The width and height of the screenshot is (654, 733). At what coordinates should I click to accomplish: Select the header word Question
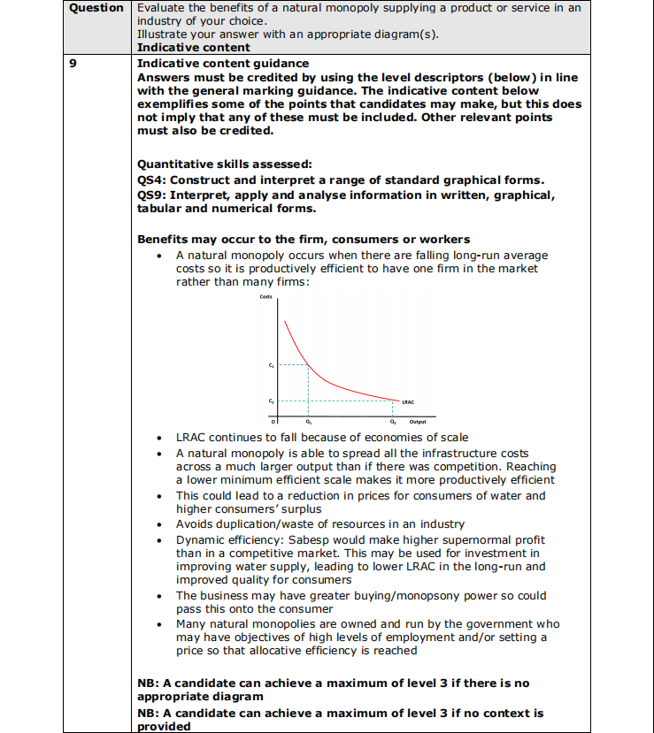click(x=96, y=8)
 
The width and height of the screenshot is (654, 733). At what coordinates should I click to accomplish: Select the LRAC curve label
click(x=408, y=401)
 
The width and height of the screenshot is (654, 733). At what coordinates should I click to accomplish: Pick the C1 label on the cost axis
click(x=271, y=364)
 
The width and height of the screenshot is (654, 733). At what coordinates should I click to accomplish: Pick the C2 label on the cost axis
click(x=271, y=402)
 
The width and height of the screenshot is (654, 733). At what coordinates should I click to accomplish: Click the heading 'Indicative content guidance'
click(x=223, y=64)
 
